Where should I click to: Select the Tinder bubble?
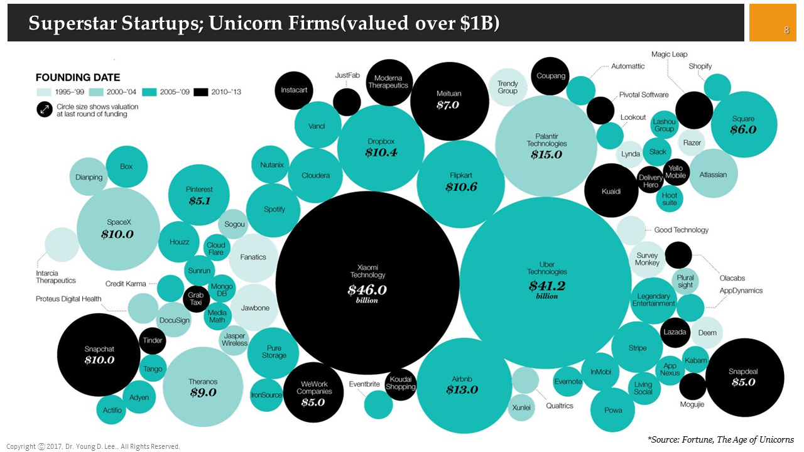(x=153, y=340)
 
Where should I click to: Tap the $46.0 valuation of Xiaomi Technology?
(x=367, y=290)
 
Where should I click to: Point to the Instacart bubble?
(x=294, y=90)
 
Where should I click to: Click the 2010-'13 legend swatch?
(x=201, y=92)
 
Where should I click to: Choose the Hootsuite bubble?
(x=670, y=199)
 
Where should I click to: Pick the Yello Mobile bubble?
(x=676, y=172)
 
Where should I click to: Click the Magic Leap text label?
(x=669, y=55)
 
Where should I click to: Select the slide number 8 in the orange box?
(x=786, y=30)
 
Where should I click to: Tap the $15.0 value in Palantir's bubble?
(x=546, y=154)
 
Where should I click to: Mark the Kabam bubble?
(x=695, y=360)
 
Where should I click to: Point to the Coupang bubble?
(x=550, y=76)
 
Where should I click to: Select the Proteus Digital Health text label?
(x=68, y=299)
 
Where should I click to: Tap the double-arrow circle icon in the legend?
(x=45, y=110)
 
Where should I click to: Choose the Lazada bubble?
(x=675, y=332)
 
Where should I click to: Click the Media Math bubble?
(x=217, y=316)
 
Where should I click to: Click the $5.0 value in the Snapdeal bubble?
(x=743, y=382)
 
